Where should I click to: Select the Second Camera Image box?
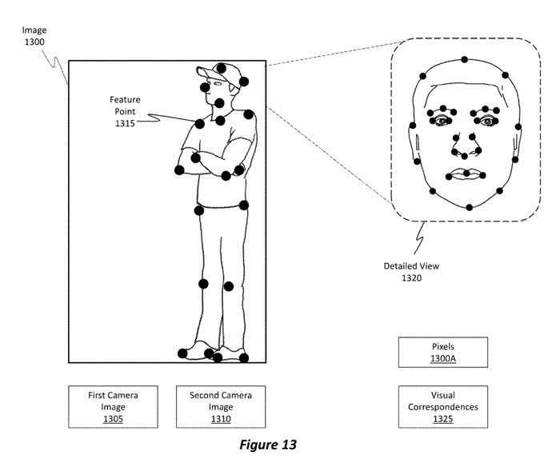coord(216,407)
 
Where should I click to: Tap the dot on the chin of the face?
coord(469,207)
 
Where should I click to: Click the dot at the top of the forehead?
coord(463,58)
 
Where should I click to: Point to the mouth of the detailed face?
coord(465,174)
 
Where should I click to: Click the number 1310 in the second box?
coord(216,418)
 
